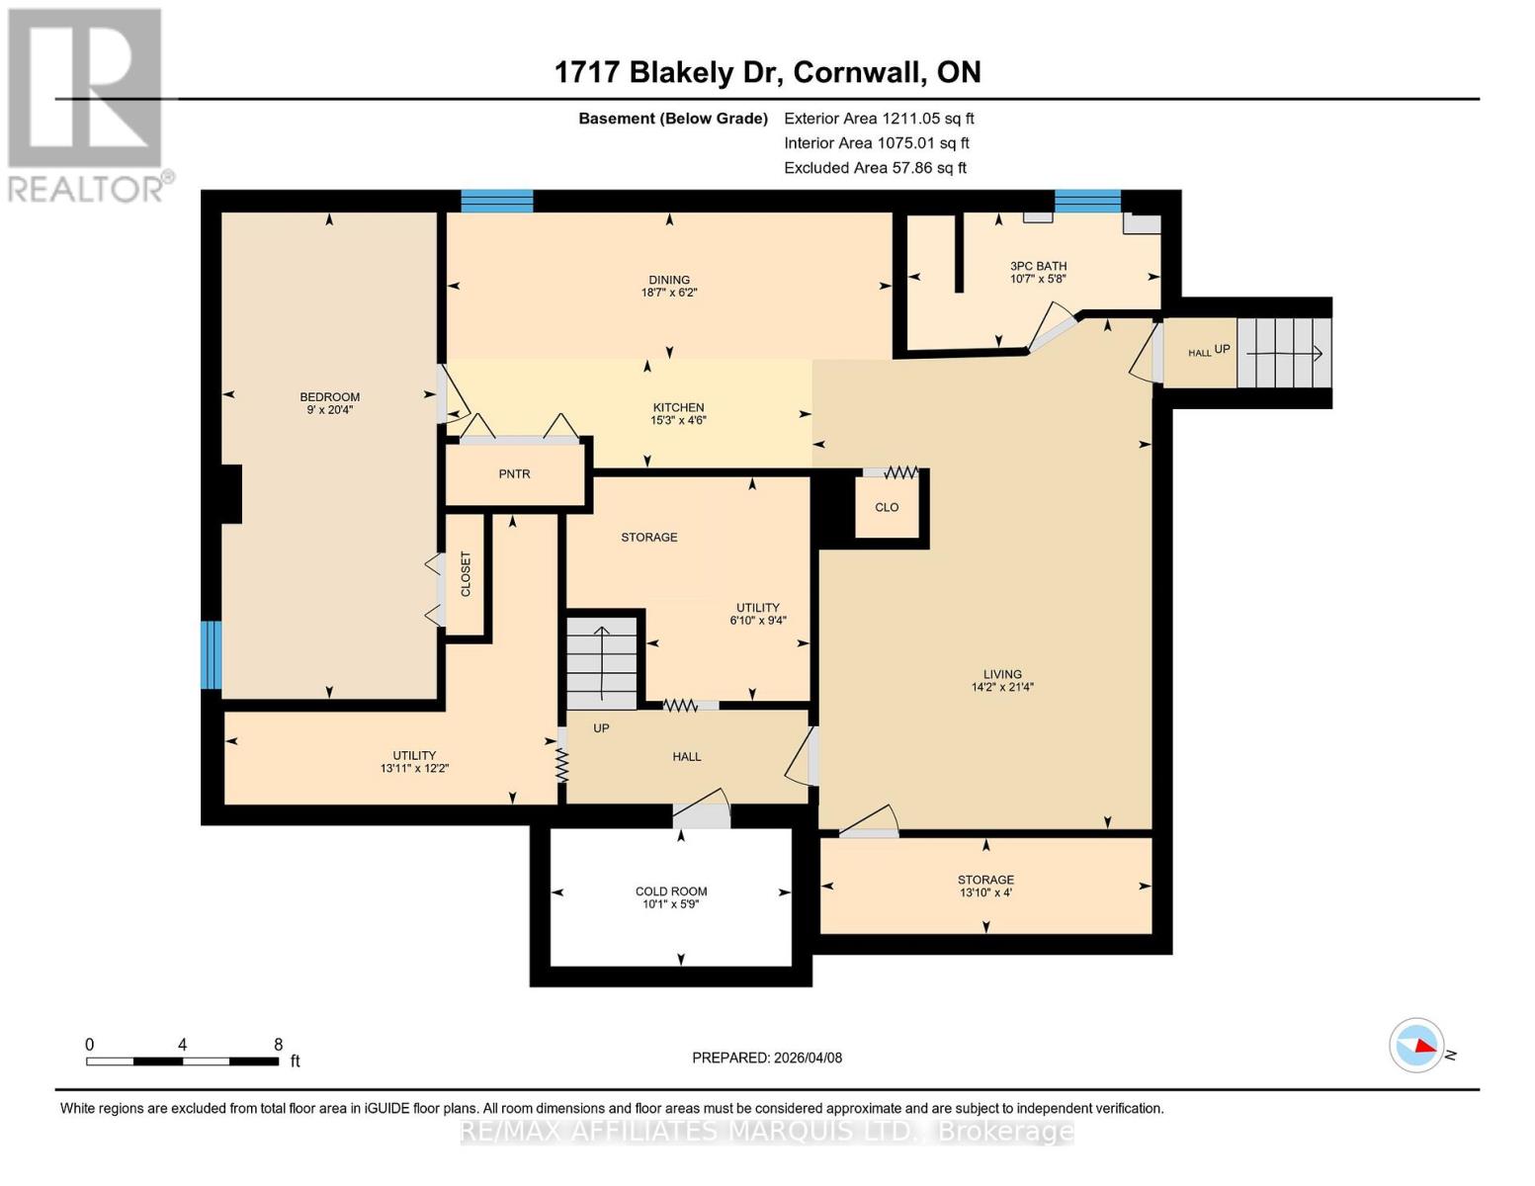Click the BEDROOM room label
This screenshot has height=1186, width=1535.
tap(329, 397)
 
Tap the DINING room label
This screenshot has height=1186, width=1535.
tap(669, 280)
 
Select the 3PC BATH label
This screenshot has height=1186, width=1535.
tap(1038, 266)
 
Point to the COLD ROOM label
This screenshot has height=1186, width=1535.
tap(671, 891)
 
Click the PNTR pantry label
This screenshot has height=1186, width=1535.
tap(514, 474)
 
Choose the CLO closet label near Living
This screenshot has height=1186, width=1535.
tap(887, 507)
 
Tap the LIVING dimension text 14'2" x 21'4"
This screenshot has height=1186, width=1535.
tap(1002, 688)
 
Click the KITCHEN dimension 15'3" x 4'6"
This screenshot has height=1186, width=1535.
tap(678, 420)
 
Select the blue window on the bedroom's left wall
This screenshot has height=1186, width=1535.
tap(211, 654)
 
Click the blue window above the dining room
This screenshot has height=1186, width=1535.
tap(497, 201)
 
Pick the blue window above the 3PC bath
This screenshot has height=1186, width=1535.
tap(1087, 201)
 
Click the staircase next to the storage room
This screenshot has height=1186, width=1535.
tap(602, 661)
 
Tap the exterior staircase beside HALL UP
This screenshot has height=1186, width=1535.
tap(1283, 353)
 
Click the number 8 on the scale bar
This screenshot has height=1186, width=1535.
tap(278, 1045)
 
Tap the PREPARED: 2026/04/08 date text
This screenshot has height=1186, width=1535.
tap(767, 1058)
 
